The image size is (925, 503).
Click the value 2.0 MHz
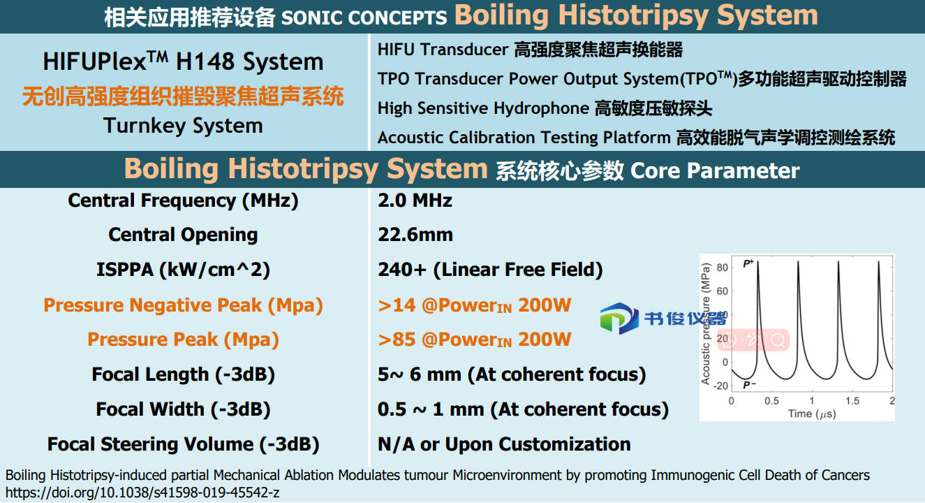(x=415, y=201)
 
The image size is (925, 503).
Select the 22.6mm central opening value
(x=415, y=235)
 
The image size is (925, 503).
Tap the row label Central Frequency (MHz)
(x=183, y=201)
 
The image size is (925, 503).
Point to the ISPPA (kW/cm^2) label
(x=183, y=270)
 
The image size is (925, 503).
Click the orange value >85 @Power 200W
(x=475, y=340)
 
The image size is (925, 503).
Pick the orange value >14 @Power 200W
(x=475, y=305)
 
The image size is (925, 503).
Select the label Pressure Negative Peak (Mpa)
(x=183, y=306)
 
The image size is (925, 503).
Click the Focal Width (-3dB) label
(x=183, y=409)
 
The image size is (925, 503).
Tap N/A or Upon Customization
(x=504, y=444)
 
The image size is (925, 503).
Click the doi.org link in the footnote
(x=142, y=493)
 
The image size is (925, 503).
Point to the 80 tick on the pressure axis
(x=722, y=268)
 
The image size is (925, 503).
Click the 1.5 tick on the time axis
(x=852, y=400)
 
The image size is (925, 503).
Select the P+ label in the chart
(x=748, y=263)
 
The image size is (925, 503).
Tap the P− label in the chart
(x=749, y=385)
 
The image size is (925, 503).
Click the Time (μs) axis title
(x=812, y=414)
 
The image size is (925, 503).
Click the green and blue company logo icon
(x=619, y=318)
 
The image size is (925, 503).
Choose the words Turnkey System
(x=183, y=126)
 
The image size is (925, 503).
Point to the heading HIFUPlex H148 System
(x=183, y=61)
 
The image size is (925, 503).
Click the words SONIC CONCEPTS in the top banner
(x=364, y=17)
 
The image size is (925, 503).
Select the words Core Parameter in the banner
(x=715, y=170)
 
